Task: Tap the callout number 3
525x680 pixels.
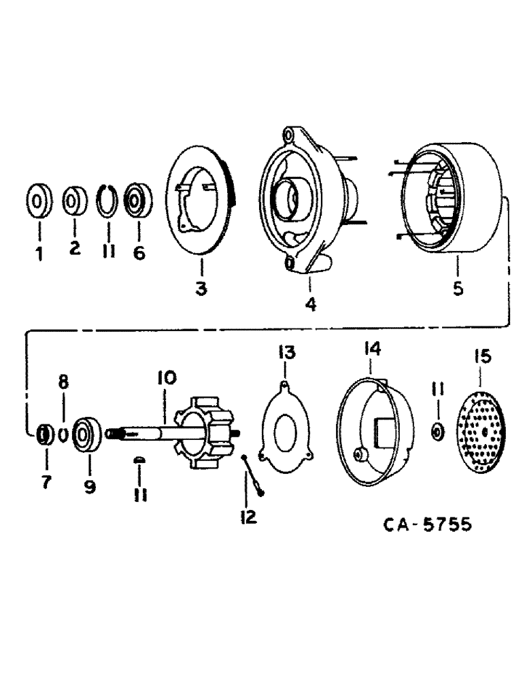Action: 201,289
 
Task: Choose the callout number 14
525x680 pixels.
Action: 371,349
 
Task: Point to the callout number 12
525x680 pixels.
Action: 248,517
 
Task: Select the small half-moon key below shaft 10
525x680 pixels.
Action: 138,460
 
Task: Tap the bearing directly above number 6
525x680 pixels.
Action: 138,201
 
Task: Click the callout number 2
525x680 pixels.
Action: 74,249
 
